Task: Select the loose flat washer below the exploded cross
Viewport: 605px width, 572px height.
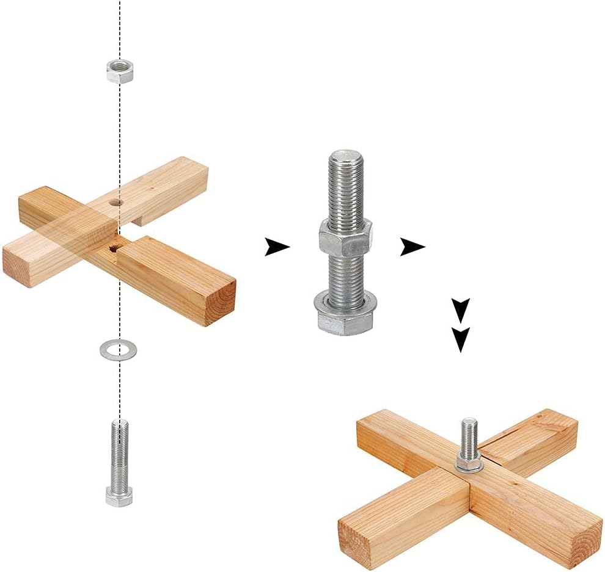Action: point(118,350)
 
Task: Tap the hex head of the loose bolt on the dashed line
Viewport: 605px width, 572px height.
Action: point(119,496)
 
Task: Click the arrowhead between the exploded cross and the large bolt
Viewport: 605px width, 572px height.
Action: point(277,247)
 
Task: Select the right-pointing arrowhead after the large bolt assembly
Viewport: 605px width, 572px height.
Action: point(412,247)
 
